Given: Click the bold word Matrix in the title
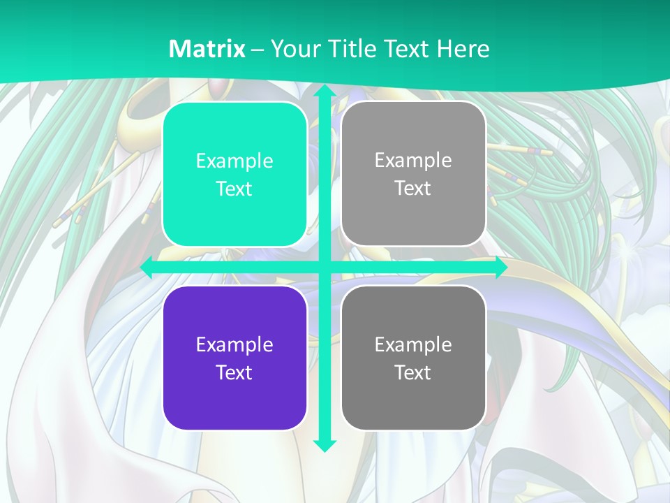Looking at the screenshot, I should (207, 49).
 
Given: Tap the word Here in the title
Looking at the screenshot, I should (463, 49).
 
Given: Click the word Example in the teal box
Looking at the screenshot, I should (234, 161).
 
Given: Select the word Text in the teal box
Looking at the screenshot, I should (234, 189).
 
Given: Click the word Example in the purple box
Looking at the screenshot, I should (234, 344).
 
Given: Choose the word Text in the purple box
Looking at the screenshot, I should (234, 372).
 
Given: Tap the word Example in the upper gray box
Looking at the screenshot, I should (413, 160).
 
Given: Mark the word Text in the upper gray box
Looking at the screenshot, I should (413, 188).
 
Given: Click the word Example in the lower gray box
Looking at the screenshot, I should (413, 344).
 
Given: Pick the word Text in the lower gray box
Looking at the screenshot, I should (413, 372).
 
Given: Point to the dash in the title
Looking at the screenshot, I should (258, 50).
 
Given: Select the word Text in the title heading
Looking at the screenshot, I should (404, 49).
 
